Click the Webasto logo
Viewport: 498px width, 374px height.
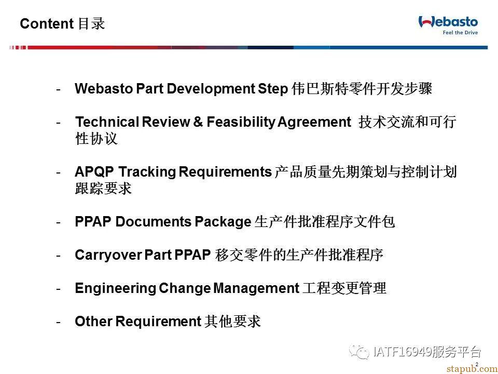tap(448, 22)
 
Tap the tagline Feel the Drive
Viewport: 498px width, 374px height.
tap(460, 32)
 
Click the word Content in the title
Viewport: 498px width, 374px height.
tap(47, 24)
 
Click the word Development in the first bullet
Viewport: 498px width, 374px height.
tap(211, 89)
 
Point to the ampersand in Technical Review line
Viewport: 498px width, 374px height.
tap(198, 122)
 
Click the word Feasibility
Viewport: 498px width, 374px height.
tap(241, 122)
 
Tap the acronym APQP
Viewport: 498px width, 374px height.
tap(94, 172)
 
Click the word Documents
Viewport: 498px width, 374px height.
tap(154, 222)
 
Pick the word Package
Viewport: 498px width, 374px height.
tap(223, 222)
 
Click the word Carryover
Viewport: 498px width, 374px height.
tap(108, 255)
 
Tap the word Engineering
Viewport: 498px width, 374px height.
tap(116, 288)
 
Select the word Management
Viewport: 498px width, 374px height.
tap(256, 288)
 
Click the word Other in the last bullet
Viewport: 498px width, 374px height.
tap(93, 321)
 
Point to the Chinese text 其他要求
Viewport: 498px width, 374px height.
tap(232, 321)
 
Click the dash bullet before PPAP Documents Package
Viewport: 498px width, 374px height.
tap(58, 222)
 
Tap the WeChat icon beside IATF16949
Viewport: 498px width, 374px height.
tap(359, 352)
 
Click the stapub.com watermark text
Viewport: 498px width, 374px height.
tap(472, 369)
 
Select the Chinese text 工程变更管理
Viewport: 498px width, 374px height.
tap(344, 288)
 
